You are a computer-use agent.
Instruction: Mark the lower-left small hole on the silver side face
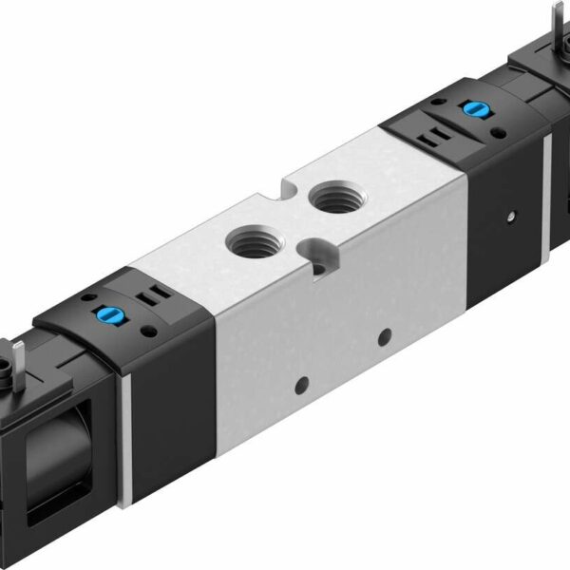(x=302, y=384)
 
